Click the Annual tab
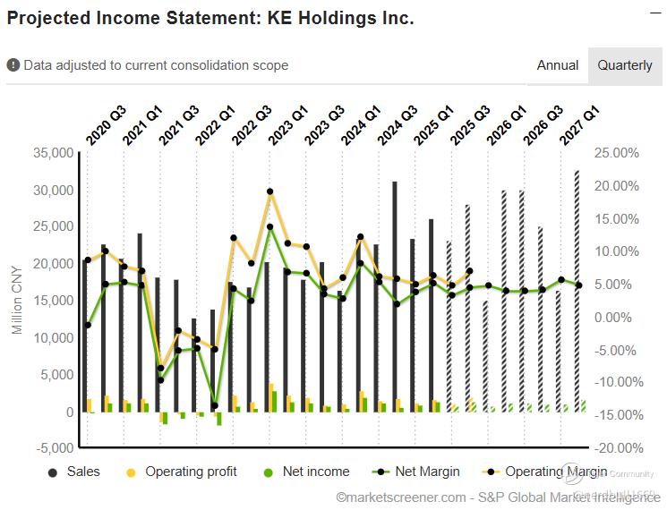pos(557,65)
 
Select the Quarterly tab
pos(625,65)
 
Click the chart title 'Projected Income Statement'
pos(210,18)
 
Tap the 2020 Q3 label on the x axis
pos(106,126)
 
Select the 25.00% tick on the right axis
pos(617,153)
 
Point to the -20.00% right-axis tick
pos(617,448)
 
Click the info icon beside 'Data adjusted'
pos(13,65)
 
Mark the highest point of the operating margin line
pos(269,191)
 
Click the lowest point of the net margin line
pos(216,405)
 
